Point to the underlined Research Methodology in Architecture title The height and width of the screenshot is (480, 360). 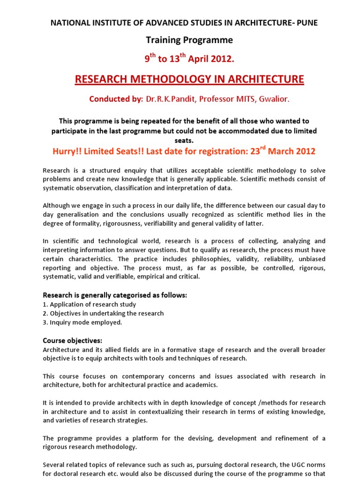(189, 79)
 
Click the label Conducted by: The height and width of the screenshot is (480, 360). (116, 99)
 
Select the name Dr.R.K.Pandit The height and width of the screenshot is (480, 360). (169, 99)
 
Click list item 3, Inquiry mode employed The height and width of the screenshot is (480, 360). (82, 322)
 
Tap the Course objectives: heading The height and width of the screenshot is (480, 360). (73, 340)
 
